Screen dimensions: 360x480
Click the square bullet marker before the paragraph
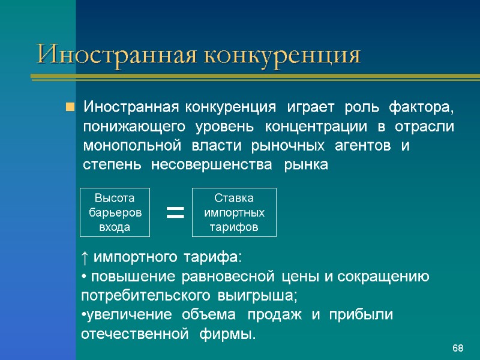70,108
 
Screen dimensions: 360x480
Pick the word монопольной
131,146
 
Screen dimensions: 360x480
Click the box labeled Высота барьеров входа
115,212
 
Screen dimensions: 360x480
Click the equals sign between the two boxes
175,212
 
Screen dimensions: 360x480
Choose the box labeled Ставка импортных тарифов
234,212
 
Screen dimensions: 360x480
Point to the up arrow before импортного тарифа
85,257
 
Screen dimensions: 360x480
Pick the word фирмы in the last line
232,334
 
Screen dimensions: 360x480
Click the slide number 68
458,349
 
